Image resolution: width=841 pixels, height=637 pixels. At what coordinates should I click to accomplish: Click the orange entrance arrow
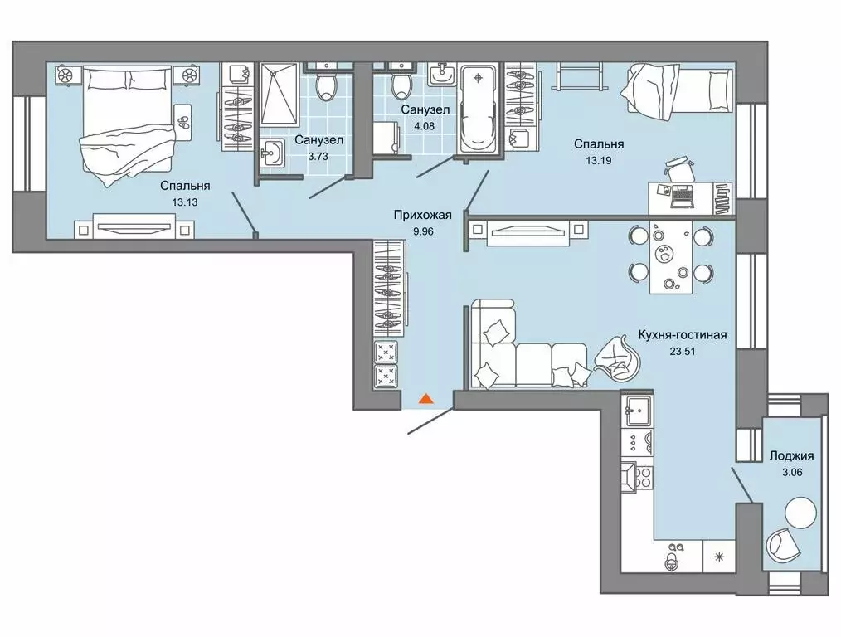[x=425, y=398]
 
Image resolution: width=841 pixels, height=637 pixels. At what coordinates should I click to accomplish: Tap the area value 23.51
[x=683, y=352]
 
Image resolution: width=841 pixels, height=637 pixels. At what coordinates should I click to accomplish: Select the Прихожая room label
[x=423, y=215]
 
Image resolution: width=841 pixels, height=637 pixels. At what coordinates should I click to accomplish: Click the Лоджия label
[x=792, y=455]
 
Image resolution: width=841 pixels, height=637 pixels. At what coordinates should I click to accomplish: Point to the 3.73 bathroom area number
[x=318, y=157]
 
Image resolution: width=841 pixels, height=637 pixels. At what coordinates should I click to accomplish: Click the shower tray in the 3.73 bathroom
[x=279, y=95]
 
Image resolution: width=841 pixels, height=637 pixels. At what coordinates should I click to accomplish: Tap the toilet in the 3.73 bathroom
[x=326, y=82]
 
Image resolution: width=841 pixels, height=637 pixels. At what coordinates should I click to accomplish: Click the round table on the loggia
[x=800, y=512]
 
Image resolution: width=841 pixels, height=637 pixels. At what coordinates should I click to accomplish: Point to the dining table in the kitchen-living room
[x=670, y=256]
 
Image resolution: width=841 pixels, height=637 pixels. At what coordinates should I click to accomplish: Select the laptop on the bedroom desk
[x=683, y=197]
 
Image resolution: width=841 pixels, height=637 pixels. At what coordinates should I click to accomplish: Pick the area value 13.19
[x=599, y=160]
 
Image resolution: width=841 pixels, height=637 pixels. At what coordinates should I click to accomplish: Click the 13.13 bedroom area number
[x=185, y=202]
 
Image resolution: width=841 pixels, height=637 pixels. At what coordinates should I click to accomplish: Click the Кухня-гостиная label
[x=683, y=335]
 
